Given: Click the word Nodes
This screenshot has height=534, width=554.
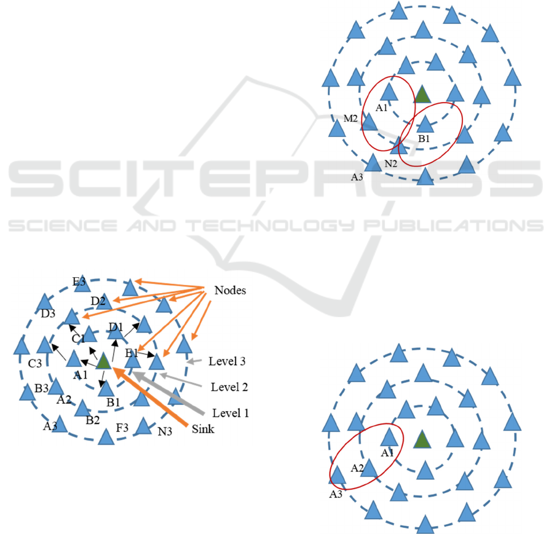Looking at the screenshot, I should [x=231, y=290].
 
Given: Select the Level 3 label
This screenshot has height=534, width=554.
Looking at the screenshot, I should [x=228, y=361].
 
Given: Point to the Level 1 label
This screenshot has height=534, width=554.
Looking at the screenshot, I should [x=231, y=413].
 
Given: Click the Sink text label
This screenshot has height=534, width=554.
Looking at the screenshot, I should [x=203, y=429].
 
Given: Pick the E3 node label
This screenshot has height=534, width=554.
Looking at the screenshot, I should [x=79, y=281].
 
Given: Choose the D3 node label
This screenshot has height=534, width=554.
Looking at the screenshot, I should [x=49, y=314].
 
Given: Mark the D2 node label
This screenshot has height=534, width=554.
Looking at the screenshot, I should [x=98, y=300].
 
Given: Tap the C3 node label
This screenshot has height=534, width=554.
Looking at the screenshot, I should [x=34, y=364].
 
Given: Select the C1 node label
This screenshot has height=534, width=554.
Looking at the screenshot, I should [x=78, y=339].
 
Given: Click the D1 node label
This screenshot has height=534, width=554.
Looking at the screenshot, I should [x=116, y=326].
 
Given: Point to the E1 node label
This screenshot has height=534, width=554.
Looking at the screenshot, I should [x=132, y=353].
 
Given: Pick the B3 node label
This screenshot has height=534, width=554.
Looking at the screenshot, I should [x=42, y=388].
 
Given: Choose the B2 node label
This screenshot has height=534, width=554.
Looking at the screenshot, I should [x=93, y=420].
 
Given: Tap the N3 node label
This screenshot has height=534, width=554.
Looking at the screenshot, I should [x=164, y=431].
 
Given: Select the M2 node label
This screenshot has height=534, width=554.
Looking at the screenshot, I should [x=350, y=118].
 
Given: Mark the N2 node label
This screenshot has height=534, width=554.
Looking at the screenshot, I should [x=391, y=163].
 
